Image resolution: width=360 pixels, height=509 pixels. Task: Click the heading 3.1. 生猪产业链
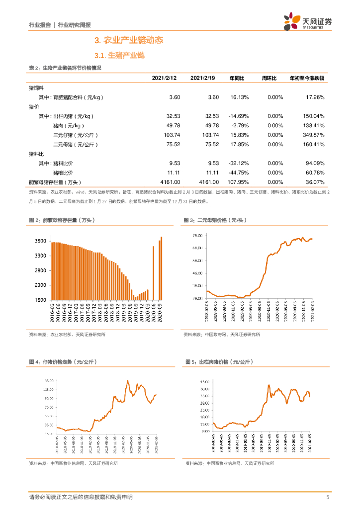(119, 55)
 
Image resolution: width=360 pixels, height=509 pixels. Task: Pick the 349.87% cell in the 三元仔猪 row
(313, 135)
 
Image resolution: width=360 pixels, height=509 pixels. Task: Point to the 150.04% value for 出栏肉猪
(313, 116)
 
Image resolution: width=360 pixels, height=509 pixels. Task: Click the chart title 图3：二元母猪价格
(215, 220)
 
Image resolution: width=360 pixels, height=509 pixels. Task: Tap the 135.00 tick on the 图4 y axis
(48, 381)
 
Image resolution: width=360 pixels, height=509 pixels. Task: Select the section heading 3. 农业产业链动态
(129, 40)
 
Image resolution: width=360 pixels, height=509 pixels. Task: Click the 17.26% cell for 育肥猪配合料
(314, 97)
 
